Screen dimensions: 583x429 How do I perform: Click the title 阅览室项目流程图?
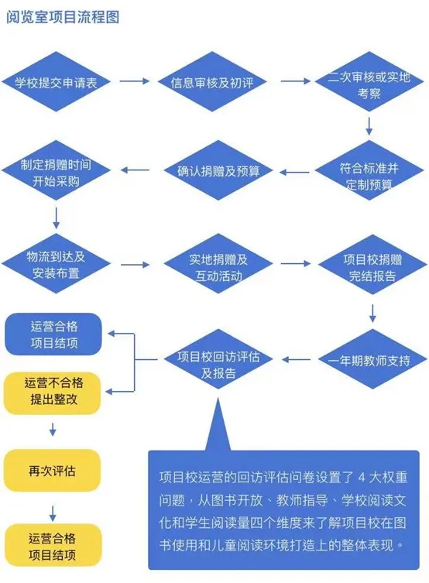(x=63, y=17)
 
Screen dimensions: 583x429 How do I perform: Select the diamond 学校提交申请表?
(x=56, y=83)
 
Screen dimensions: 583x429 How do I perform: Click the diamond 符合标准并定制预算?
(x=370, y=174)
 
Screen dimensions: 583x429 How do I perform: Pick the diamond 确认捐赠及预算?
(x=215, y=172)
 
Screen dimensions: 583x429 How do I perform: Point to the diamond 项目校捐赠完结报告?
(x=370, y=267)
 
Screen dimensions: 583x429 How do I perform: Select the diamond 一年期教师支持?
(x=370, y=359)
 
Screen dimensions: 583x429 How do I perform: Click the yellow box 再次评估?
(x=53, y=471)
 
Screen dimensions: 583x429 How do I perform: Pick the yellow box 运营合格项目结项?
(x=53, y=545)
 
